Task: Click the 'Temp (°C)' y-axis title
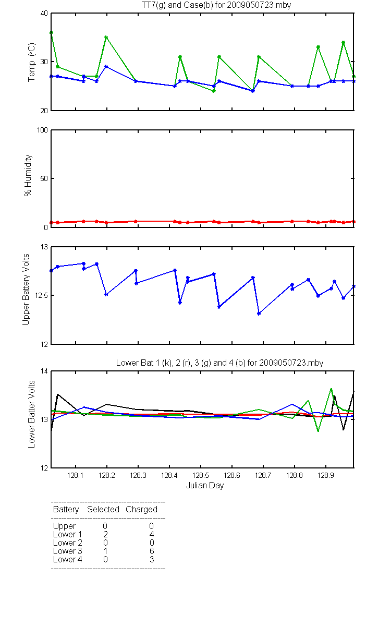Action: (32, 62)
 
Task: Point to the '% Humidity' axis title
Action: (28, 175)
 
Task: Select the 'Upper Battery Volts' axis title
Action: (26, 290)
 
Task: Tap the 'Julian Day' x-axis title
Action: (205, 486)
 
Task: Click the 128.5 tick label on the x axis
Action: (201, 475)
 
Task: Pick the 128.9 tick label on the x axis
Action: (326, 475)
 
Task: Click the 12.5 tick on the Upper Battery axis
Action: (41, 295)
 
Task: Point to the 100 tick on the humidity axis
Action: (42, 130)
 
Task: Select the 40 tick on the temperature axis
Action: (44, 13)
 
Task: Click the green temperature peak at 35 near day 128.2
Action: (106, 37)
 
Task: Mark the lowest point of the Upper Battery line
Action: (259, 314)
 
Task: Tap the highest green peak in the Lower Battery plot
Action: (331, 389)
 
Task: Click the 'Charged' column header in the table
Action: (141, 510)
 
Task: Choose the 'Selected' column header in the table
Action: (103, 510)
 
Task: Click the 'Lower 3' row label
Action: (68, 551)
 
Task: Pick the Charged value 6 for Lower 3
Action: (152, 551)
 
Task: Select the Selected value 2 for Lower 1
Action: (105, 534)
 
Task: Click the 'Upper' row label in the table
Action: (64, 526)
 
